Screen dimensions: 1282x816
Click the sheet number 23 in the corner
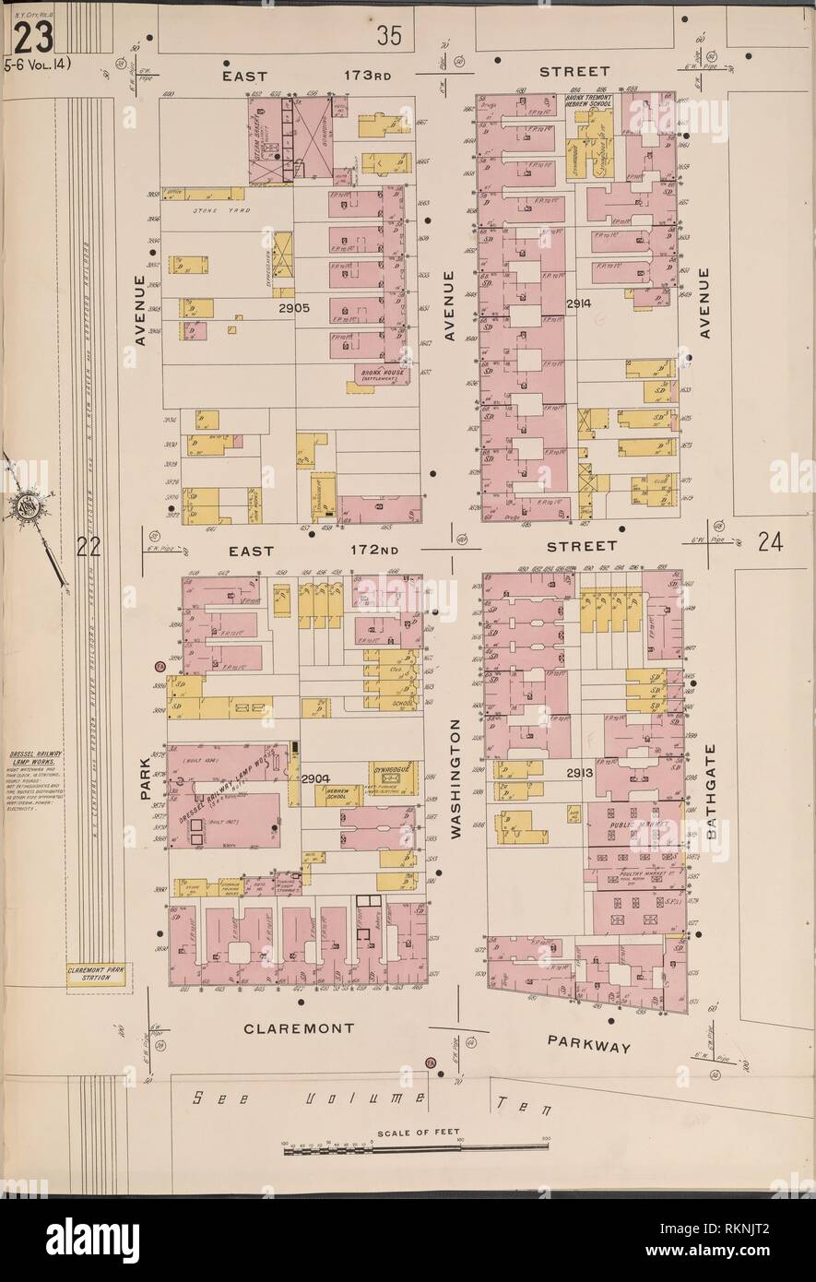32,37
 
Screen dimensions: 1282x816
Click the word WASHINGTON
455,779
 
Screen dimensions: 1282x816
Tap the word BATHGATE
710,790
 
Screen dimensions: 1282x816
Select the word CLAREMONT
299,1026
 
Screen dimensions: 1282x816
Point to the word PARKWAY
588,1046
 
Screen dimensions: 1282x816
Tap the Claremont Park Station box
95,973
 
